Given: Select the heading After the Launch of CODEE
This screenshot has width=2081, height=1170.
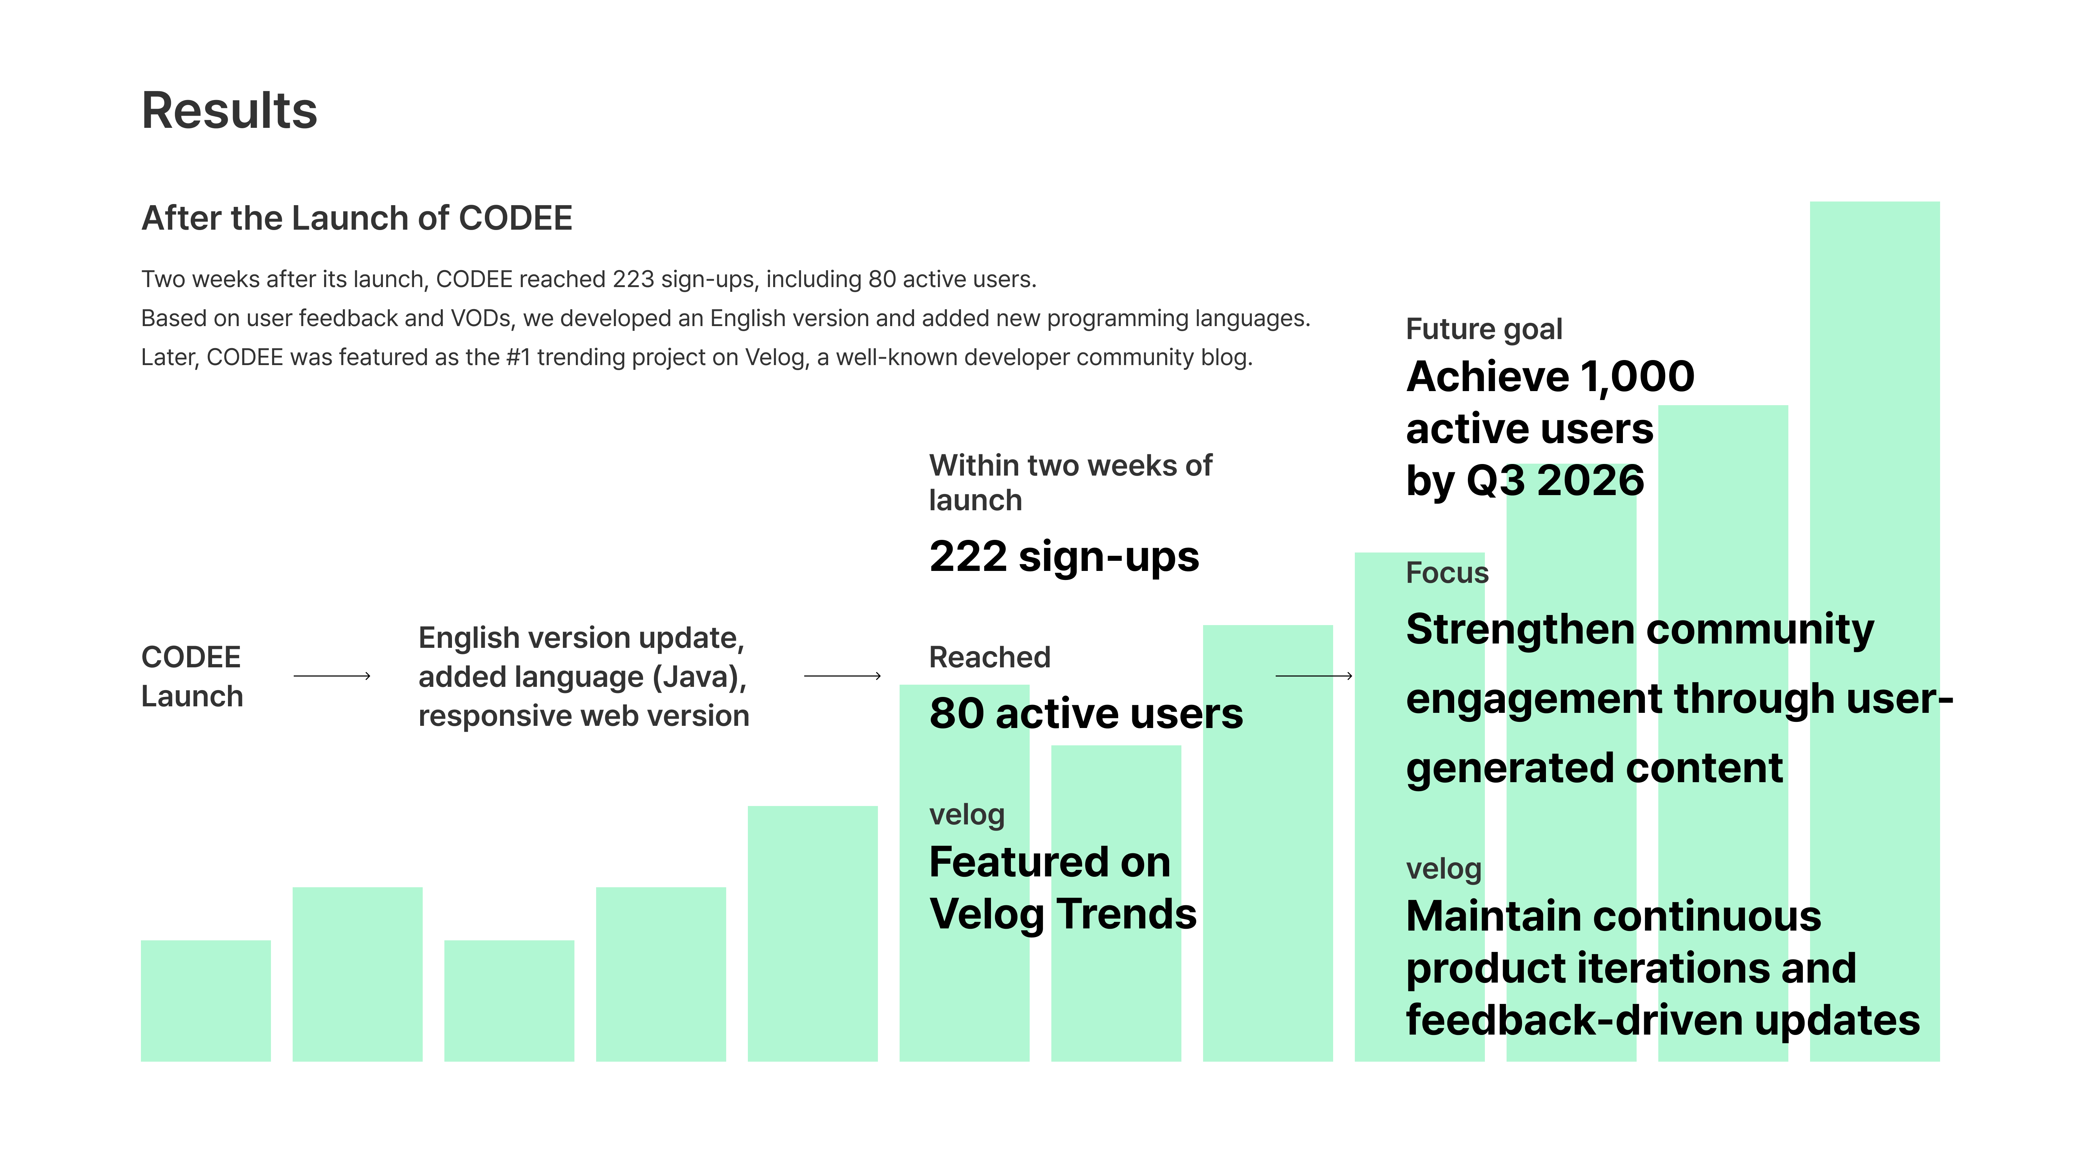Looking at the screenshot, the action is coord(357,218).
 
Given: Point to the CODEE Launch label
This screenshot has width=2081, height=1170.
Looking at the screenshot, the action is coord(192,677).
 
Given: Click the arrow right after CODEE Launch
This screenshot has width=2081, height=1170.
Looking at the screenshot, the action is coord(332,676).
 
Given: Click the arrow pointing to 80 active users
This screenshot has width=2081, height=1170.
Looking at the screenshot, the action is coord(843,676).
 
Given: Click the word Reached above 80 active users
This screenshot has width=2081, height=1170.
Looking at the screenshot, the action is coord(990,657).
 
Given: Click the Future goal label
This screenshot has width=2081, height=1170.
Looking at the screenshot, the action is coord(1484,329).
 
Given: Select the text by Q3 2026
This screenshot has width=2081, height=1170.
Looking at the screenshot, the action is coord(1525,481).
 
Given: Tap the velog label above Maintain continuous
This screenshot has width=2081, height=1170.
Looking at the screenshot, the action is coord(1444,869).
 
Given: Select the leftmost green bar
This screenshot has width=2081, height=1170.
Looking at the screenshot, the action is coord(206,1000).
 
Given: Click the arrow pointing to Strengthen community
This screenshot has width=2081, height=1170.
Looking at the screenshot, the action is coord(1314,676).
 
